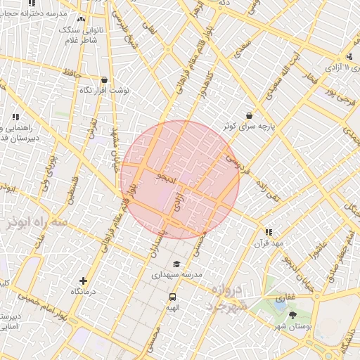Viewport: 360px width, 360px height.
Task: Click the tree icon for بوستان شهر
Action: click(x=292, y=315)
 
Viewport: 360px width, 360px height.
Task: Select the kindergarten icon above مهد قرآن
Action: click(x=268, y=232)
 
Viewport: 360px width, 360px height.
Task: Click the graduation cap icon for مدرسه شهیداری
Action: click(x=176, y=264)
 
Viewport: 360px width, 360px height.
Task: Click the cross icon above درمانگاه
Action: click(x=84, y=280)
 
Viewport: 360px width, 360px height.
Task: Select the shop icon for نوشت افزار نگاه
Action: click(x=105, y=80)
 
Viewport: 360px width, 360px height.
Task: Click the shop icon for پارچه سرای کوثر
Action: click(x=249, y=115)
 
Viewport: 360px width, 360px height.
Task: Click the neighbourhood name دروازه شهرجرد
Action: click(x=225, y=299)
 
